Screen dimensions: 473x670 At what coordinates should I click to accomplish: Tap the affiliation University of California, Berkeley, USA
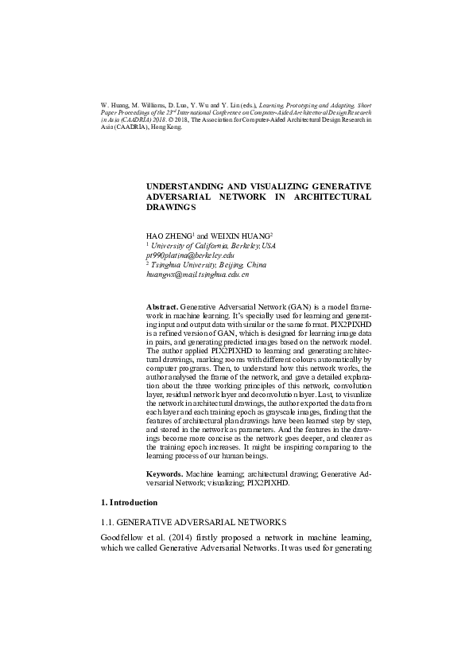click(x=212, y=246)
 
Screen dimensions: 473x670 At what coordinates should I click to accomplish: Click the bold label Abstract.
click(x=162, y=306)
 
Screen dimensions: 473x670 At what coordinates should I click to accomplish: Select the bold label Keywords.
click(x=164, y=473)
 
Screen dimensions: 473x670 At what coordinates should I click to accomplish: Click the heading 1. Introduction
click(x=130, y=503)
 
